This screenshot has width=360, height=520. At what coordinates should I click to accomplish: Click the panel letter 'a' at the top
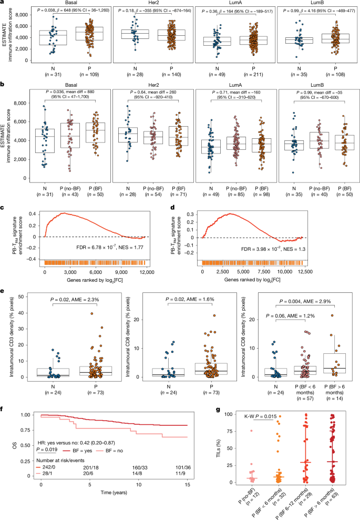coord(3,3)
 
